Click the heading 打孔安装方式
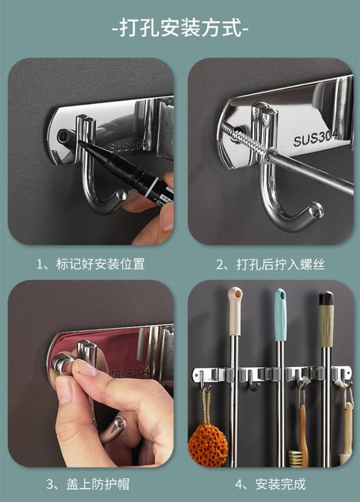coord(181,28)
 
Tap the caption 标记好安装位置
coord(100,264)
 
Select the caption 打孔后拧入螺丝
coord(280,264)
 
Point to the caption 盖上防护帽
coord(98,484)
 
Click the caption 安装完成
coord(280,484)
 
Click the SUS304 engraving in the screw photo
coord(315,137)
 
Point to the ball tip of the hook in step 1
coord(122,195)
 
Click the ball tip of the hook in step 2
coord(317,209)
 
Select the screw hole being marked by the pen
coord(63,136)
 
